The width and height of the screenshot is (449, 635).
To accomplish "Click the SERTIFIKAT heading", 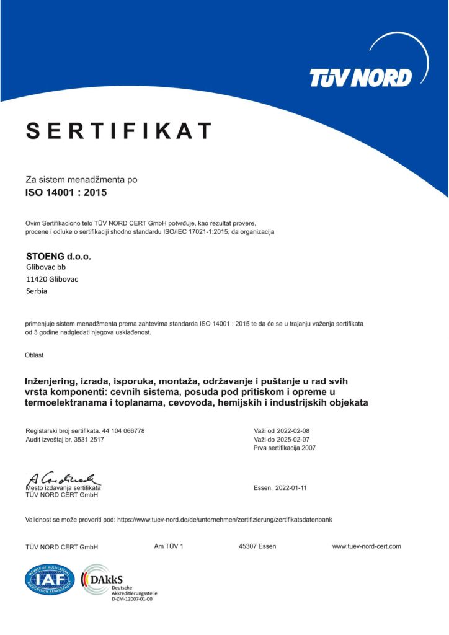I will (119, 131).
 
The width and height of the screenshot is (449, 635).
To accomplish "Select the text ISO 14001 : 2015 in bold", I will (66, 192).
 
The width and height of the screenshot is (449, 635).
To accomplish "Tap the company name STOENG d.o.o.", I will (54, 255).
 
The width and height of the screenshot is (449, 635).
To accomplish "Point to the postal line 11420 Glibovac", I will (52, 278).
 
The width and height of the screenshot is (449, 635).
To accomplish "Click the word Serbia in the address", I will (37, 290).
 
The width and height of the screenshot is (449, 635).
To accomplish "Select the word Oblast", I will (34, 355).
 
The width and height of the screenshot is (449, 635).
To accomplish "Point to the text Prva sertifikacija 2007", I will (285, 448).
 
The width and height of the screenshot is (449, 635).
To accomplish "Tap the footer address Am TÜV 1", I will (169, 546).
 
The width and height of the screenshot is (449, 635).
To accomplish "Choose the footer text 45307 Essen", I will (257, 546).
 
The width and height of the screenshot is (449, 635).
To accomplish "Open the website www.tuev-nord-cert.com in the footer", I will (367, 546).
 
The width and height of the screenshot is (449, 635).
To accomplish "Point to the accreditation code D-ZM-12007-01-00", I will (132, 600).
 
